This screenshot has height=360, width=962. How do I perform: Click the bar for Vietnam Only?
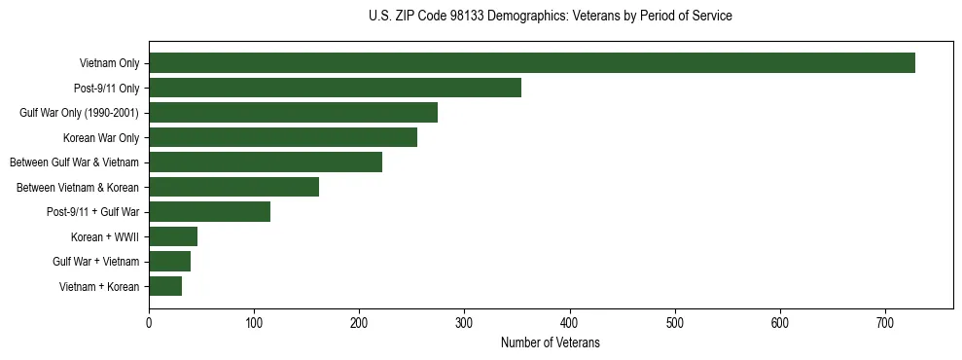pos(531,63)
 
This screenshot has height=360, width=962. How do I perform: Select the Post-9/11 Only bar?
pos(335,88)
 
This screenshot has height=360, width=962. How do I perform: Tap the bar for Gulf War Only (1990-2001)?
pos(293,113)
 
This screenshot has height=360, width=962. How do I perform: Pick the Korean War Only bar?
pos(283,137)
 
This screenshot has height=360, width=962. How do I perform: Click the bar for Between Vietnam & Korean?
pos(233,187)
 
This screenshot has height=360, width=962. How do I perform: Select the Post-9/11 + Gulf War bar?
pos(209,212)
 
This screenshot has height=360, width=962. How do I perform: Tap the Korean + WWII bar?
pos(173,236)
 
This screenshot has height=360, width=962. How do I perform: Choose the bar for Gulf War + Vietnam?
pos(169,262)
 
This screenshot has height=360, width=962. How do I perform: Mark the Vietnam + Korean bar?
pos(165,286)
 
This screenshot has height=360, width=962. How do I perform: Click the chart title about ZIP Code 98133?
pos(551,17)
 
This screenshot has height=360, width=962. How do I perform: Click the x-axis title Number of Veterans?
pos(551,343)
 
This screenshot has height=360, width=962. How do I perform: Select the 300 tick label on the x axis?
pos(465,321)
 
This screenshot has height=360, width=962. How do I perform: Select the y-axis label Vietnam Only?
pos(109,63)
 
